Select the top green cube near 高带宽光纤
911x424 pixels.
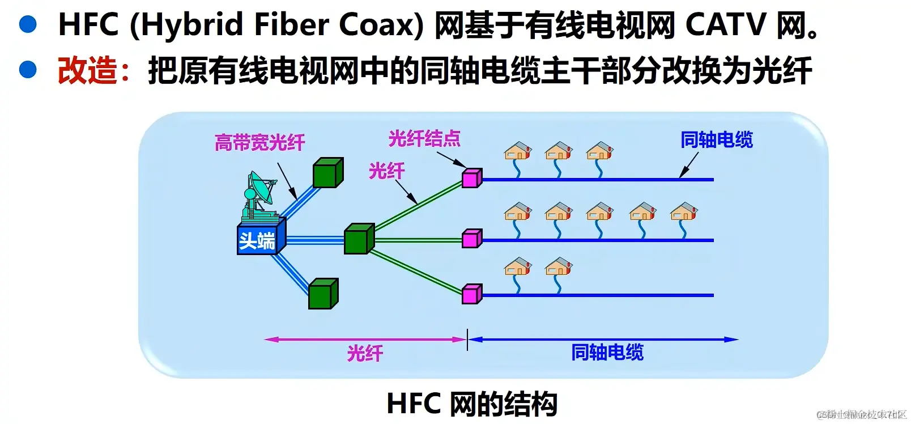tap(328, 173)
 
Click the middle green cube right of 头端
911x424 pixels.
tap(359, 239)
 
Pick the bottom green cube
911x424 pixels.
tap(323, 294)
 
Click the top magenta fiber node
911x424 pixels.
tap(471, 178)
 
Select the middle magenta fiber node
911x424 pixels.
tap(471, 239)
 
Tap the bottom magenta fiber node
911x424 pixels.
tap(471, 294)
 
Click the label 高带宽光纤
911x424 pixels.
tap(259, 142)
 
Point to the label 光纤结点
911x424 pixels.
tap(424, 139)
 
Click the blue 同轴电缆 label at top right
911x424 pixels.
tap(716, 140)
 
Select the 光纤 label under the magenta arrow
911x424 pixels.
tap(365, 354)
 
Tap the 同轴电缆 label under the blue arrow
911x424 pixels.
tap(607, 353)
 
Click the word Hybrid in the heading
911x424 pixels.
tap(188, 25)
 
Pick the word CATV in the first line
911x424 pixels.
tap(725, 25)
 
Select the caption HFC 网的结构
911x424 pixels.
tap(471, 404)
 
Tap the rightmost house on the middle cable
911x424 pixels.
tap(684, 212)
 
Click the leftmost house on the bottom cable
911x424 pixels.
tap(518, 267)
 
